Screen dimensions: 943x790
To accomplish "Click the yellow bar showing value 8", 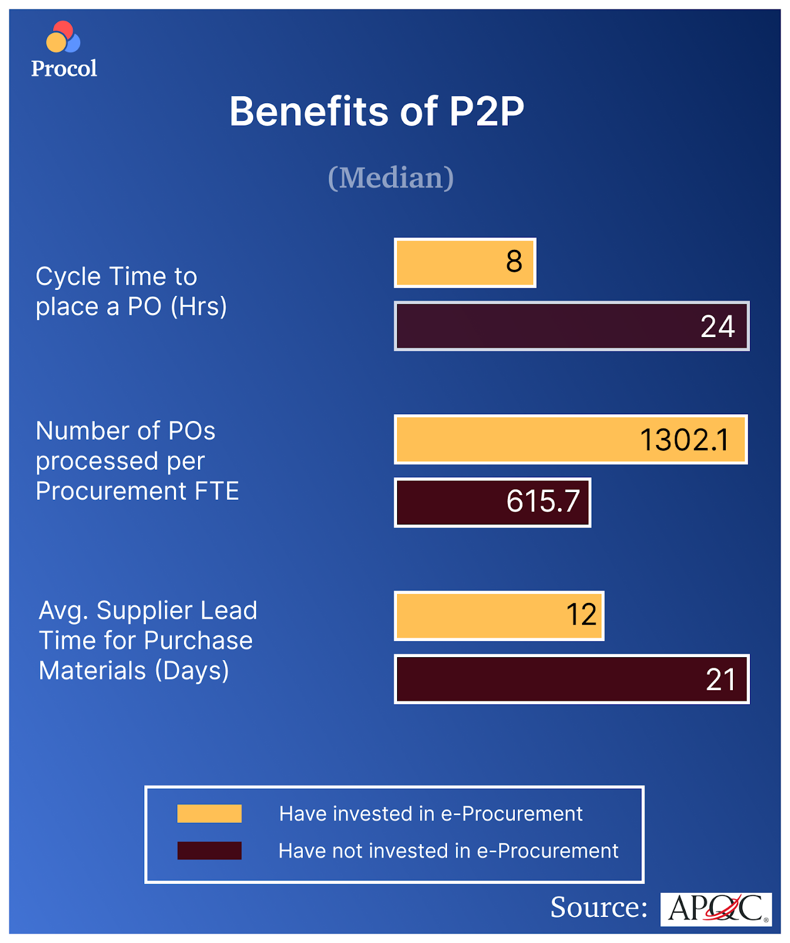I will (465, 263).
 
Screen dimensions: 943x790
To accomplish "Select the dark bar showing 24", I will (571, 326).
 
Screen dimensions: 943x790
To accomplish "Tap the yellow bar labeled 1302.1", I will (571, 440).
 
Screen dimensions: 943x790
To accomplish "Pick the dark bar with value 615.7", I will (492, 503).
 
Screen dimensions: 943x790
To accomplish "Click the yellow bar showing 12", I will (499, 616).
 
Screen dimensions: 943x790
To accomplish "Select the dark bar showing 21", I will (571, 679).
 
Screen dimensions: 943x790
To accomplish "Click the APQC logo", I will (716, 909).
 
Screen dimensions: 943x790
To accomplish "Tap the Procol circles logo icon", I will (63, 37).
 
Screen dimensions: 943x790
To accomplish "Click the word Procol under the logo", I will (64, 68).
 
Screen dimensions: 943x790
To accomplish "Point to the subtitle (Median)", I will (391, 177).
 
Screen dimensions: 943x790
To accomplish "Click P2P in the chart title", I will (486, 111).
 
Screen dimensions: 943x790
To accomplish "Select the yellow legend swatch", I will (209, 813).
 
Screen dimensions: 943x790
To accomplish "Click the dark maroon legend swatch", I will (209, 850).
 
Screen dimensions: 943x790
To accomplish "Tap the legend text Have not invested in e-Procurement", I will (448, 850).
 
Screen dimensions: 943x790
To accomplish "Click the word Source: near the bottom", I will (599, 907).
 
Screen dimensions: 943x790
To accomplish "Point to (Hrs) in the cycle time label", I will (199, 306).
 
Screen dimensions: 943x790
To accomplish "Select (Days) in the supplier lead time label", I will (192, 671).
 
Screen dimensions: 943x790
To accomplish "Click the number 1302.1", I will (684, 440).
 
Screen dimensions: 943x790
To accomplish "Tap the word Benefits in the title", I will (309, 111).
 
